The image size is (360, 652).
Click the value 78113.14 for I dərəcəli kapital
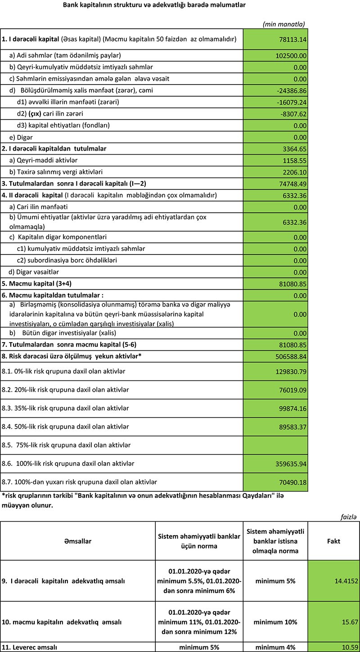292,40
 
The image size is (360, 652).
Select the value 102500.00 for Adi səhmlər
290,55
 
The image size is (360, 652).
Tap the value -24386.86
292,90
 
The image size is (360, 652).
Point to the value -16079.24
292,102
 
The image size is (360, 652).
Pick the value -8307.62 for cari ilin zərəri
294,114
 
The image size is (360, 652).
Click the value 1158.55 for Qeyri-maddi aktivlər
294,160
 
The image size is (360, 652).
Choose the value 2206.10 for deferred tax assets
294,172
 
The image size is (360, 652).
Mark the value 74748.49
292,183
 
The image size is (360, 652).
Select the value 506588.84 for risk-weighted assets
290,356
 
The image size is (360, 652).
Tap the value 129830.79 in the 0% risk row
290,371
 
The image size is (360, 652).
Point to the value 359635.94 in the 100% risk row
290,463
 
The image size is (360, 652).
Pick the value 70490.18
292,482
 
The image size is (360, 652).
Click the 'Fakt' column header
333,541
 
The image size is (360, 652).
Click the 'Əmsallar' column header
78,541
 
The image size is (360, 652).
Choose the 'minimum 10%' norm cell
275,622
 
